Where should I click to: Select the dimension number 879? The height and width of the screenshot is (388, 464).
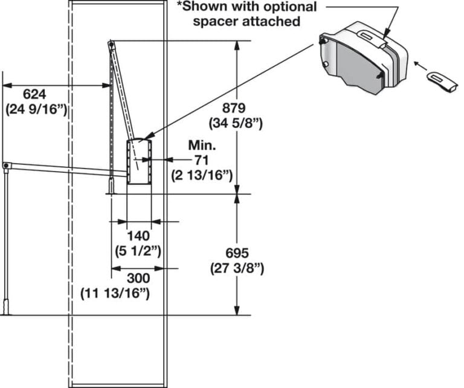coord(234,109)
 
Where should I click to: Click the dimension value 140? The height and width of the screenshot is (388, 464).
coord(138,235)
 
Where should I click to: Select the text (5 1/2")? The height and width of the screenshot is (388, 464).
coord(138,249)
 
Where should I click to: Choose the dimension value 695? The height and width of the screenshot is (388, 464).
coord(236,253)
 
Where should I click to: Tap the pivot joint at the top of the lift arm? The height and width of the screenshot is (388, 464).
coord(111,44)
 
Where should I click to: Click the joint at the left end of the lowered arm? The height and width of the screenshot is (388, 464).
coord(5,165)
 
